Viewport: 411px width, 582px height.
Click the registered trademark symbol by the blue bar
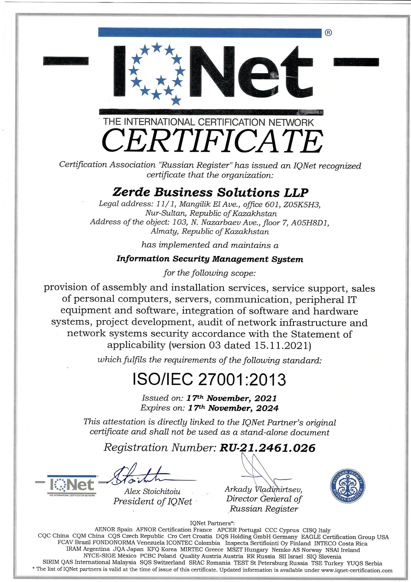point(328,33)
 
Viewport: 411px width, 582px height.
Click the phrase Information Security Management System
point(210,259)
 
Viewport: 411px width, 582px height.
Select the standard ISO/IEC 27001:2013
point(209,379)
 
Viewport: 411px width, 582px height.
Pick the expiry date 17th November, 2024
point(233,408)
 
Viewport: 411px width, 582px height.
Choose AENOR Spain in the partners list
point(114,530)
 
